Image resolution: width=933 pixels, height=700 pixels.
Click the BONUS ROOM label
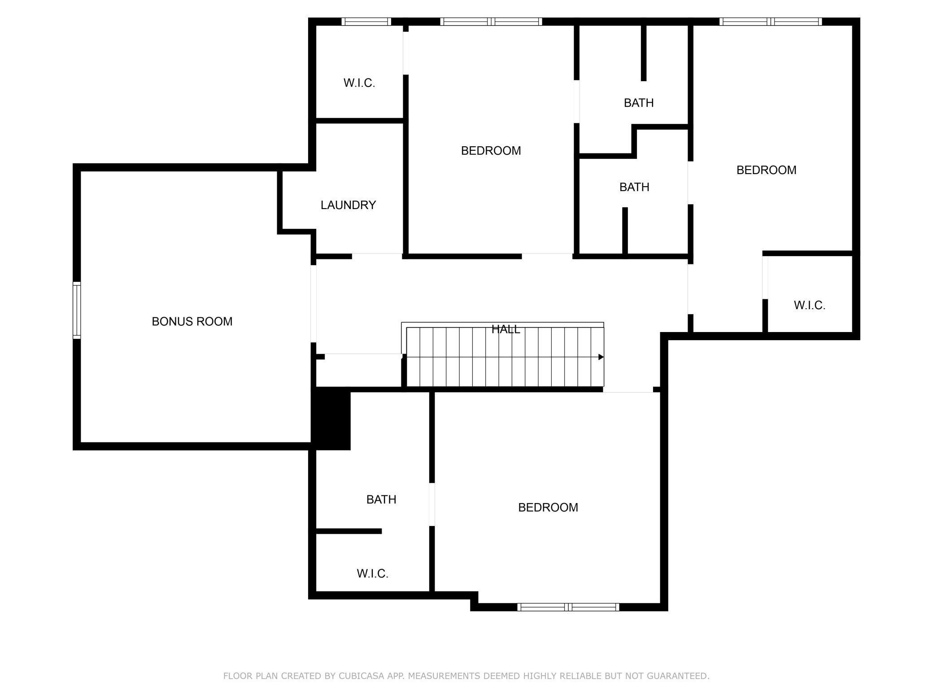tap(192, 322)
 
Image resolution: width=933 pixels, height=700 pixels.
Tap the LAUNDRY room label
tap(348, 205)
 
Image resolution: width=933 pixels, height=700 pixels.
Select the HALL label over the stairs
tap(506, 329)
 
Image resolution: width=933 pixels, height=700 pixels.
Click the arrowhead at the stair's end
tap(601, 357)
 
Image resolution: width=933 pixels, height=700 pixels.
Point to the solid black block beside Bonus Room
tap(331, 419)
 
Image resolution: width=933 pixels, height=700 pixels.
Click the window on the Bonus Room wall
tap(77, 310)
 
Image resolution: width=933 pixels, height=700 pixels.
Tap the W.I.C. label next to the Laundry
tap(359, 83)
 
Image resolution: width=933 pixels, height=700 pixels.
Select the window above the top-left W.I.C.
tap(366, 22)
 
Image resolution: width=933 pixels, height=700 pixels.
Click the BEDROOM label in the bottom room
tap(548, 507)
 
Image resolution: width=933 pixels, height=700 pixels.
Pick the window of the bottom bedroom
tap(568, 607)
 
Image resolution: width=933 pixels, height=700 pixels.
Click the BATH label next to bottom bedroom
tap(381, 499)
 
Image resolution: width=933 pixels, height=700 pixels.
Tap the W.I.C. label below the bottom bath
tap(372, 573)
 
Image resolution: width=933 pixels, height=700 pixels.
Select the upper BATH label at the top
tap(638, 103)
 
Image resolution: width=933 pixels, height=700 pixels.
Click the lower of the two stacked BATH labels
tap(634, 187)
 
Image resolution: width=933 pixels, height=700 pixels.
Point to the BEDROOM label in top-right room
tap(766, 170)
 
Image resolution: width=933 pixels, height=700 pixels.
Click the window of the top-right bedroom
tap(771, 22)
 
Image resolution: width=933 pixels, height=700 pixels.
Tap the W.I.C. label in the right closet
tap(809, 306)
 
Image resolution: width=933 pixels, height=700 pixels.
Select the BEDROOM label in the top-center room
tap(491, 151)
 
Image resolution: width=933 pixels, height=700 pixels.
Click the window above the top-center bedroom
tap(491, 22)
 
